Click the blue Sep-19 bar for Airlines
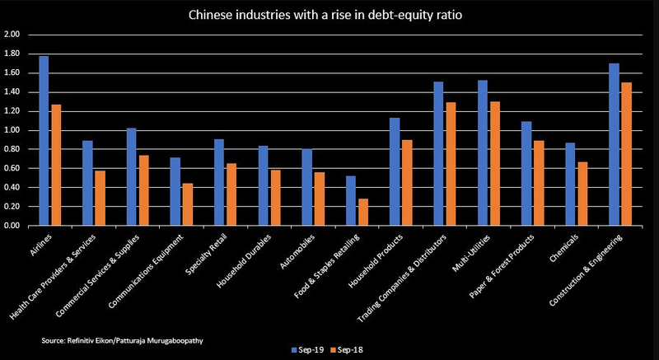point(44,141)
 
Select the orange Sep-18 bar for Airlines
point(55,165)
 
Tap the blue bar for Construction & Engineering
point(614,144)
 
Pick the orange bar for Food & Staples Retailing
point(362,212)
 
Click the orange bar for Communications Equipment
point(187,204)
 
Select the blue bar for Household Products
point(395,171)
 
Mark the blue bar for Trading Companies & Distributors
point(438,153)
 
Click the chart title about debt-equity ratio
point(329,15)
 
